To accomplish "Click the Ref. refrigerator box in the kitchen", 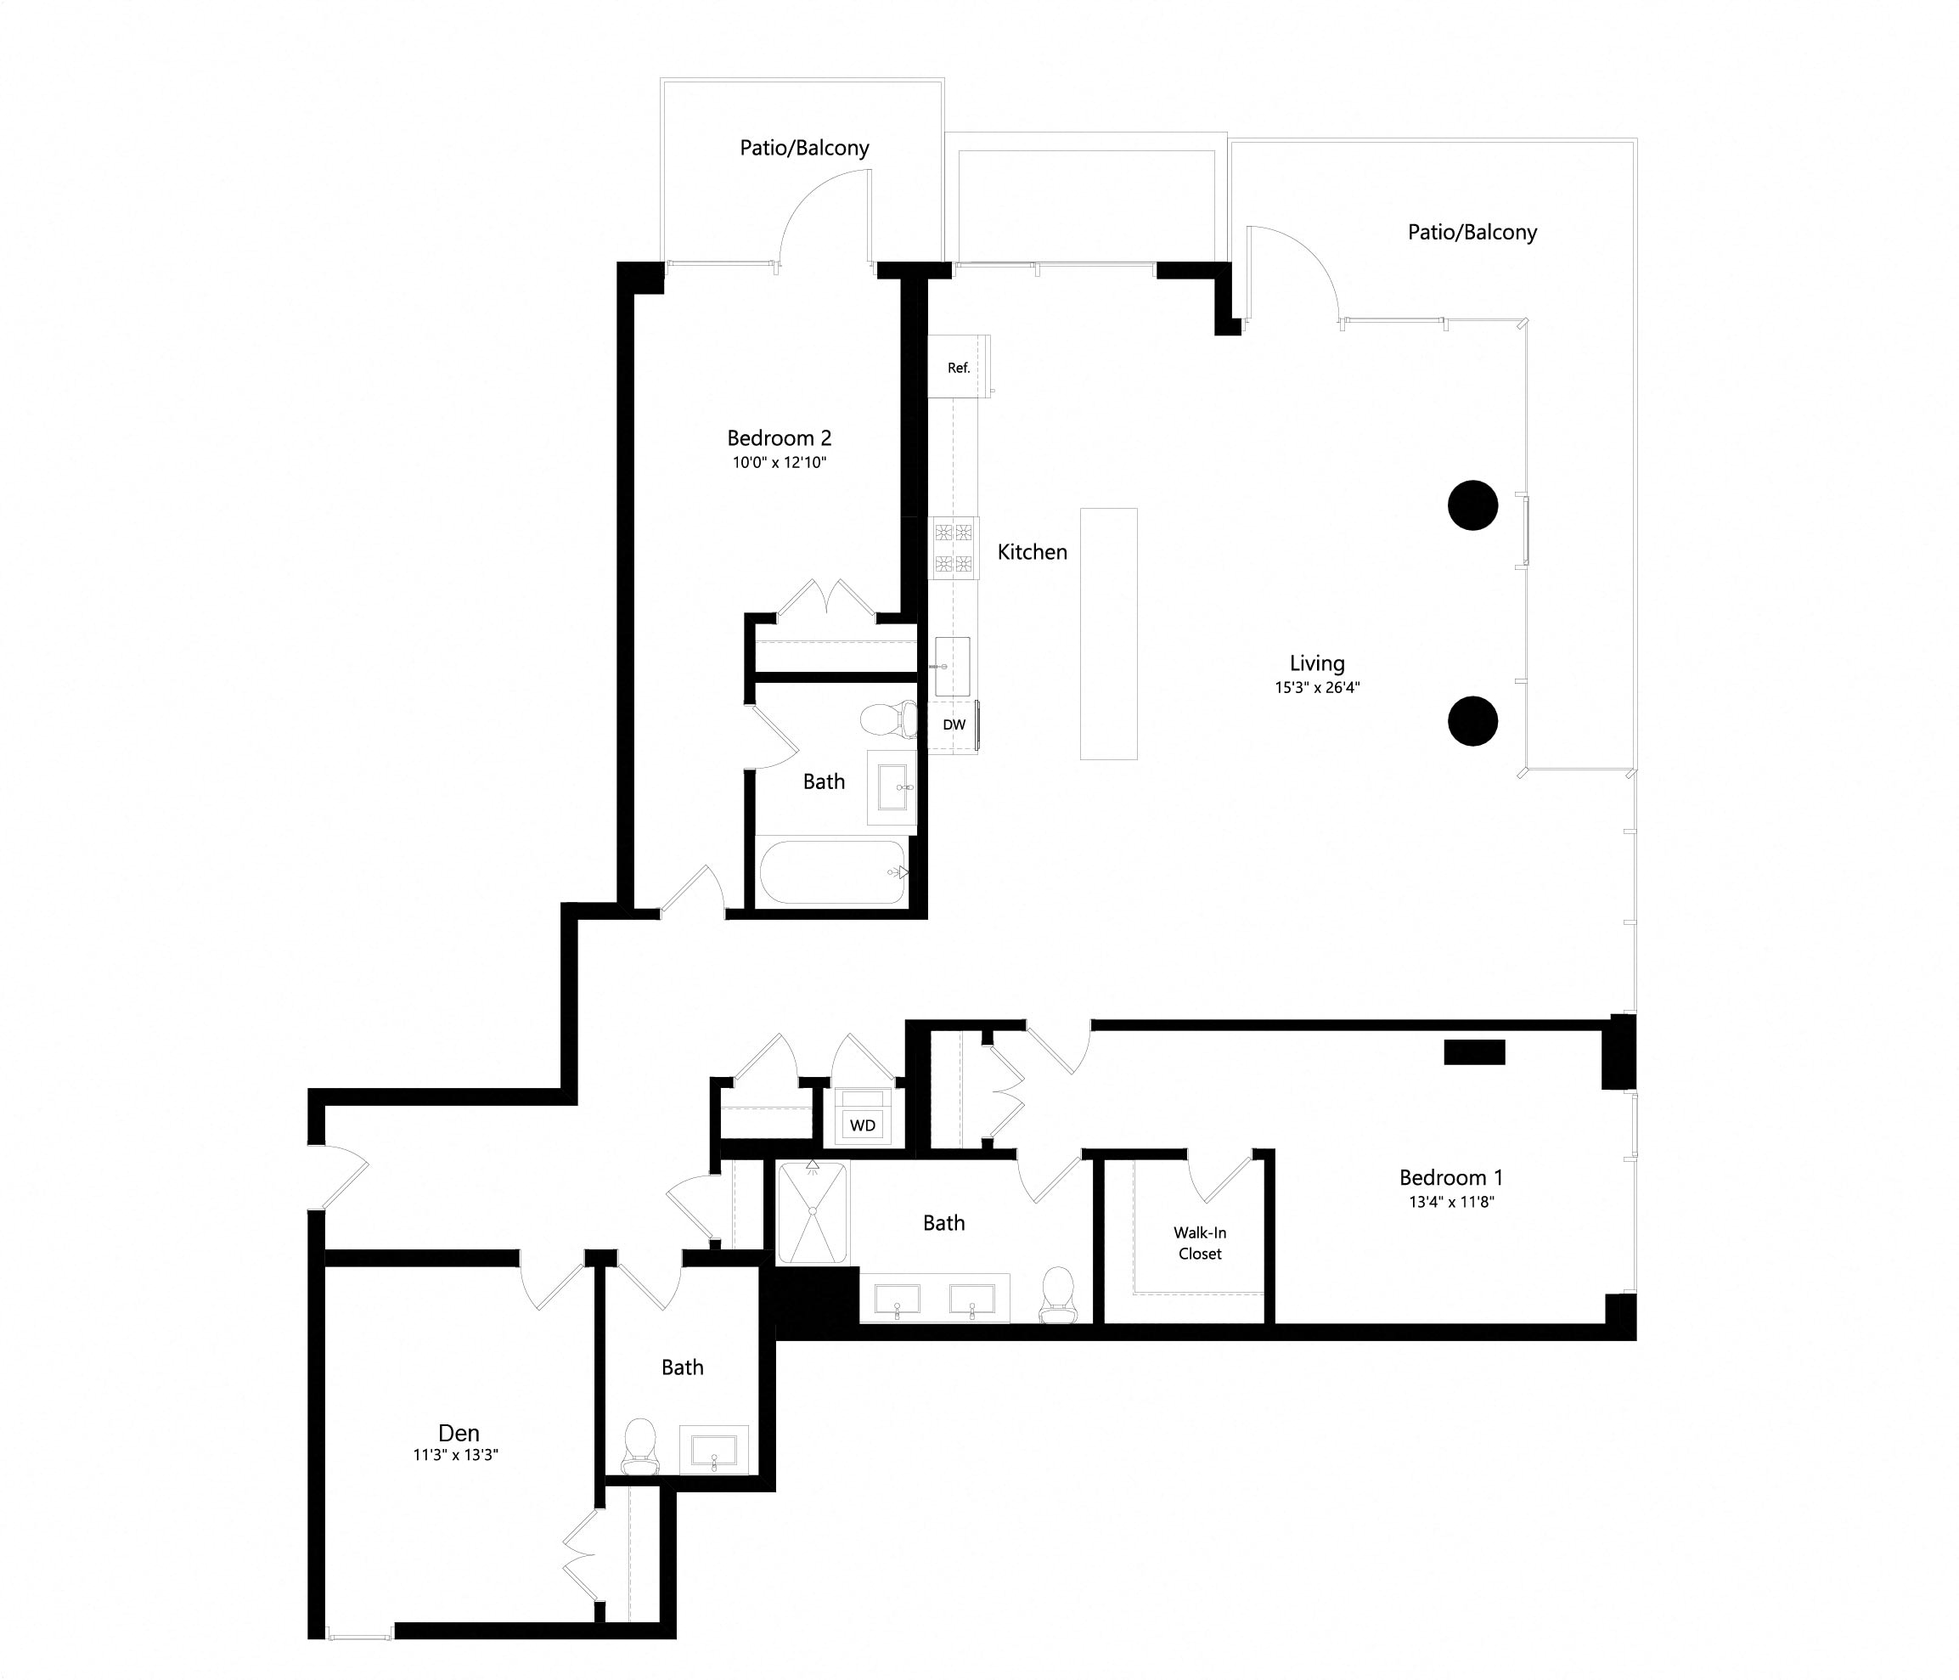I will click(x=958, y=367).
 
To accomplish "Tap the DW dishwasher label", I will click(x=954, y=725).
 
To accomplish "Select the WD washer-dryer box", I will click(x=862, y=1125).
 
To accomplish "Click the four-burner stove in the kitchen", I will click(x=953, y=549).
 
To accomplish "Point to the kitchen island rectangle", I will click(x=1108, y=634).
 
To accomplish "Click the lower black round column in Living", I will click(x=1472, y=721).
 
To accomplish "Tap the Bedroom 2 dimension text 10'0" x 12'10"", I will click(x=779, y=462).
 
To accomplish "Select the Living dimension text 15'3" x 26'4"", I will click(x=1316, y=687).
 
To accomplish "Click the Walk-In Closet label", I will click(x=1199, y=1243).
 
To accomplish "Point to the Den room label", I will click(x=459, y=1433).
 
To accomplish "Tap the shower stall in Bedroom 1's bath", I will click(x=812, y=1213).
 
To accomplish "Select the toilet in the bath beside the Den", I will click(x=640, y=1446).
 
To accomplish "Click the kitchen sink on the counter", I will click(x=952, y=667).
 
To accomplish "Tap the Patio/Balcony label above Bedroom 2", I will click(x=803, y=149).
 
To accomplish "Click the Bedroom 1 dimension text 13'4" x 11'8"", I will click(x=1450, y=1203).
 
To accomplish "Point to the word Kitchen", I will click(x=1032, y=552).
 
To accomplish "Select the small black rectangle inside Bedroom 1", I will click(x=1474, y=1052).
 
